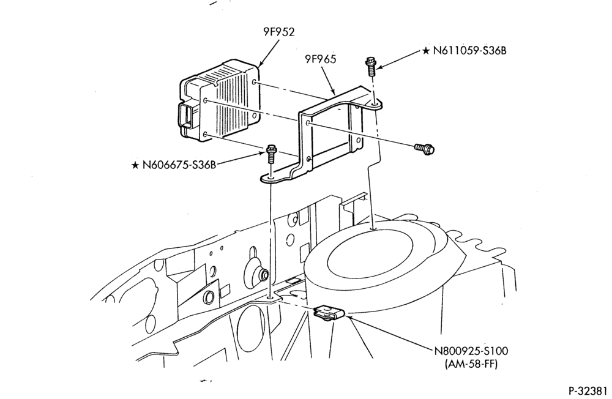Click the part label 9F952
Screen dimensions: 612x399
point(278,32)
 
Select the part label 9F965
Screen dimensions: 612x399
point(320,59)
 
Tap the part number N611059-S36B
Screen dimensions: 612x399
point(469,51)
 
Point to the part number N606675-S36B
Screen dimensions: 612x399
point(179,165)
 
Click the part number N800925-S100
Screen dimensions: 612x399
point(471,351)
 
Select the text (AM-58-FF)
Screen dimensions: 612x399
point(471,364)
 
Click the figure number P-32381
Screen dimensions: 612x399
point(588,391)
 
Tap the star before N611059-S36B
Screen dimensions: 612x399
point(426,51)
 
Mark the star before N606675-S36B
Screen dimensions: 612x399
point(135,165)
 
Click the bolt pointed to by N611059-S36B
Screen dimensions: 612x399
point(370,67)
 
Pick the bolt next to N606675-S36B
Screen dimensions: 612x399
point(271,154)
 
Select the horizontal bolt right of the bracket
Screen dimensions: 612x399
point(425,148)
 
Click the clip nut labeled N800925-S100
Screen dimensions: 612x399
point(329,313)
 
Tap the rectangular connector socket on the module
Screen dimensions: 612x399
point(187,116)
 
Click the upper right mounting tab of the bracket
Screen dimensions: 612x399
point(372,103)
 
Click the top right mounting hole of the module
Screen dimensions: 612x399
point(255,83)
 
